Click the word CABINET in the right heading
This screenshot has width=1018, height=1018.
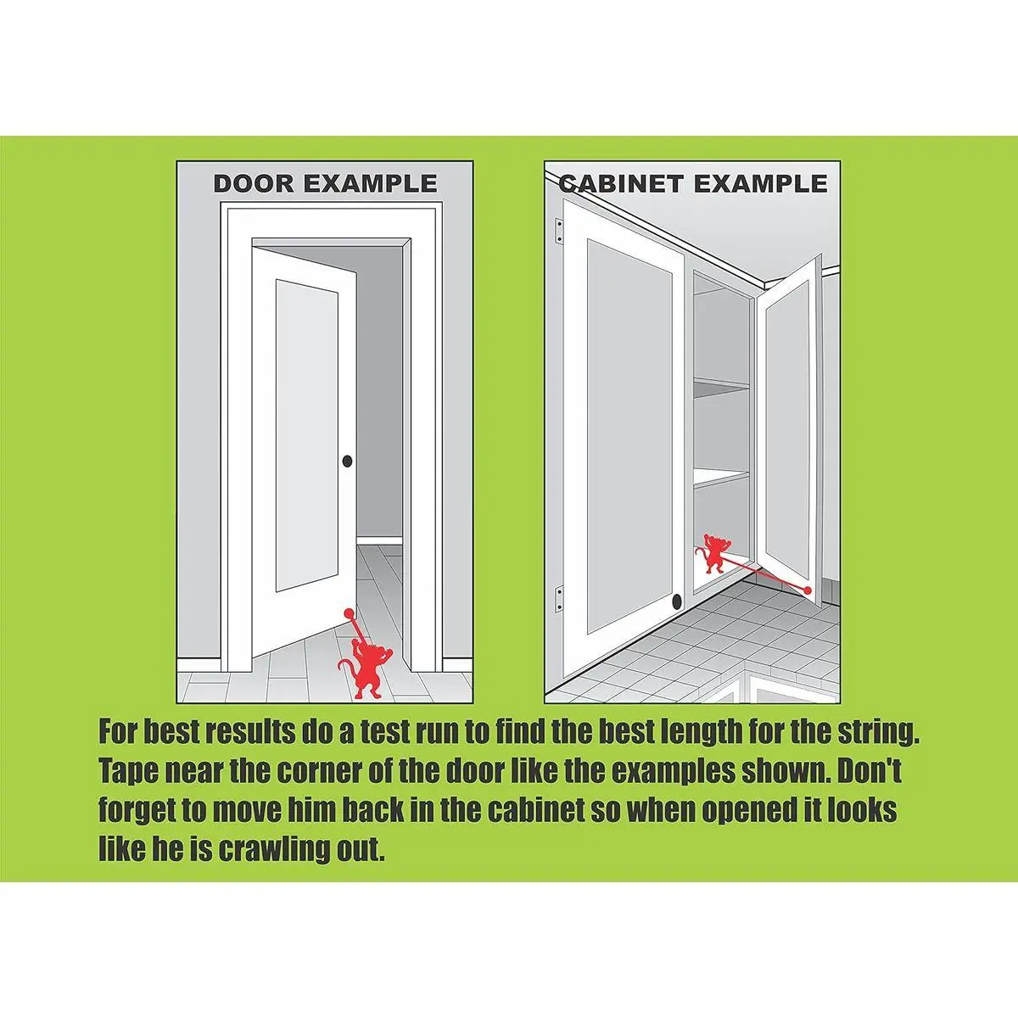(x=621, y=183)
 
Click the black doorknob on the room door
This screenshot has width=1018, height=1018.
(x=347, y=461)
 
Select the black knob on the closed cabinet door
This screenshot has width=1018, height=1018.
(x=677, y=600)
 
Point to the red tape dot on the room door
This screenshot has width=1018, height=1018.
(x=350, y=614)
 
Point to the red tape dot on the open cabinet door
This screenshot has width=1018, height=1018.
(x=807, y=590)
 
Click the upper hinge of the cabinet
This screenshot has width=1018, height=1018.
(x=559, y=231)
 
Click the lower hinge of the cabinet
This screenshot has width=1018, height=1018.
(x=559, y=600)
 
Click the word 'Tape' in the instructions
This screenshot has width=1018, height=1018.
(x=128, y=772)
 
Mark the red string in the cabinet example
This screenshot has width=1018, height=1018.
(x=763, y=573)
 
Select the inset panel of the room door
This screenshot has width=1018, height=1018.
(x=307, y=435)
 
